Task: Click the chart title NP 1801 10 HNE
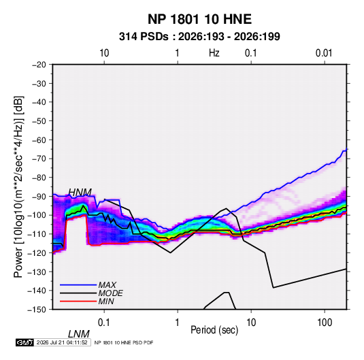(199, 19)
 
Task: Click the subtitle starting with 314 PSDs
(199, 37)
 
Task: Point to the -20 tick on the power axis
(39, 65)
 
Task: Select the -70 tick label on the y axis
(39, 159)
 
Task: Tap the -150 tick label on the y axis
(37, 310)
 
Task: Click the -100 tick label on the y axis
(37, 215)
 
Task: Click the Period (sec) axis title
(214, 330)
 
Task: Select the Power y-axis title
(18, 187)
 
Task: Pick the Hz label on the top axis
(214, 53)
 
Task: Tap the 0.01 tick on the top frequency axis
(324, 53)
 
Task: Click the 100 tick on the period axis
(325, 323)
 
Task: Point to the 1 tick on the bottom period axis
(178, 323)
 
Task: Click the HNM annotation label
(80, 193)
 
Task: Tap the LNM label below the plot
(78, 334)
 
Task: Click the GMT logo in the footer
(25, 342)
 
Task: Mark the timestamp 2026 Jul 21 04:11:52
(62, 342)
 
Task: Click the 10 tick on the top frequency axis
(104, 53)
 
